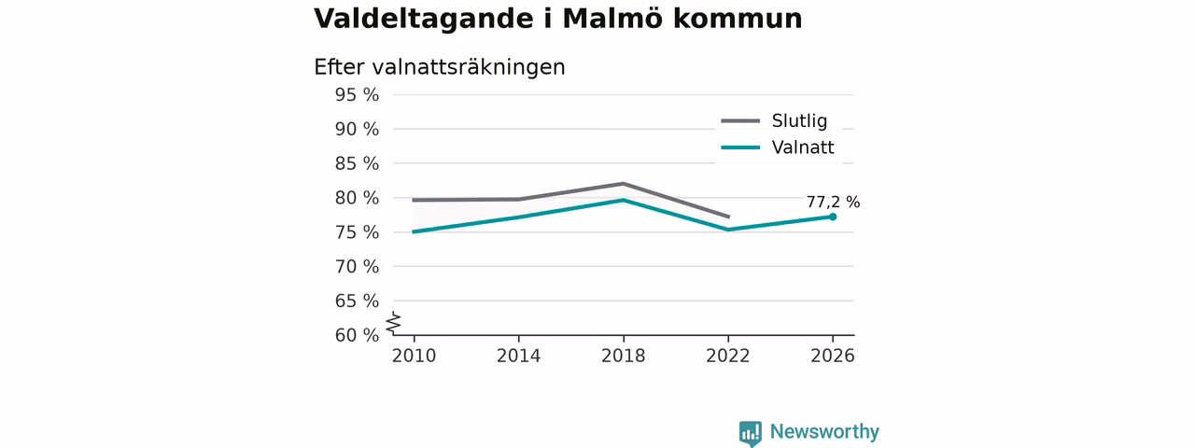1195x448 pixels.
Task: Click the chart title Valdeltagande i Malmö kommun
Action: click(x=558, y=20)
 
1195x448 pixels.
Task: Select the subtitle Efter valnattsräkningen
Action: click(x=440, y=67)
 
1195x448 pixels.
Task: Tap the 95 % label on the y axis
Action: click(x=357, y=95)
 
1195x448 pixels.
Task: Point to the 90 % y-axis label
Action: click(x=357, y=129)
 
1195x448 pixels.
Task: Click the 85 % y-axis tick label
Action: click(x=357, y=163)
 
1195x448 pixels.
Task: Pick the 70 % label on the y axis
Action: click(x=357, y=267)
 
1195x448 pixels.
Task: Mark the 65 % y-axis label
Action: click(x=357, y=301)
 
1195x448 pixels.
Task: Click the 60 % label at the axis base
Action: click(x=357, y=335)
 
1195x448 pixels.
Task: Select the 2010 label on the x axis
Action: click(x=414, y=357)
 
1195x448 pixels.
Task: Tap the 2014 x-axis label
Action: click(x=518, y=357)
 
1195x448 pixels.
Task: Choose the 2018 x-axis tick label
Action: click(x=623, y=357)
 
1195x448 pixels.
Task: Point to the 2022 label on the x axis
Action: click(x=727, y=357)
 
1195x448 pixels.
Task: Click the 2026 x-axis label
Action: click(x=832, y=357)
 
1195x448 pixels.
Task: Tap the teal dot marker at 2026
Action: click(x=833, y=217)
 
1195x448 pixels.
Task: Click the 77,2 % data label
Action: click(x=833, y=203)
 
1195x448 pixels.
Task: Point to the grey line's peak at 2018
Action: click(x=623, y=184)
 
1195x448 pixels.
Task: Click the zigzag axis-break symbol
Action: click(x=394, y=323)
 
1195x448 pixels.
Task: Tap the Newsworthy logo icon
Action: click(x=750, y=433)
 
